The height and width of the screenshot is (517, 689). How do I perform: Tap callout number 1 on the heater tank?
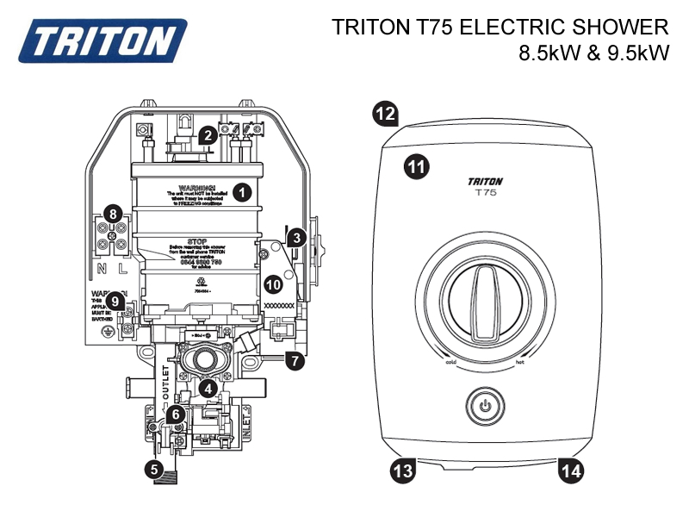(243, 192)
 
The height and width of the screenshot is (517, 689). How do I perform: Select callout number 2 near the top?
(207, 135)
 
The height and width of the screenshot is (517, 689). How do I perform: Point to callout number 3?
(295, 237)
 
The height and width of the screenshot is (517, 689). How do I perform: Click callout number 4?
(208, 389)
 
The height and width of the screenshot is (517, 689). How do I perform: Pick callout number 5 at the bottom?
(154, 470)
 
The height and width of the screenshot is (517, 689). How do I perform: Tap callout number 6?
(176, 414)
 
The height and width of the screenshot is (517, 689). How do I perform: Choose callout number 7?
(295, 361)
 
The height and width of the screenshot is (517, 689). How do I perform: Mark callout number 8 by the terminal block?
(111, 214)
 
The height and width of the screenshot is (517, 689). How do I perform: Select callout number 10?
(273, 283)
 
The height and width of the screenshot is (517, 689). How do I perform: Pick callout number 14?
(570, 470)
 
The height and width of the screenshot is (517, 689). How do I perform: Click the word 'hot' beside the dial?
(521, 363)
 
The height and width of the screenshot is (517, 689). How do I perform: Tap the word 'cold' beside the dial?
(450, 363)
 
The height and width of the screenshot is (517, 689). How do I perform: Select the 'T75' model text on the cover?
(485, 194)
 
